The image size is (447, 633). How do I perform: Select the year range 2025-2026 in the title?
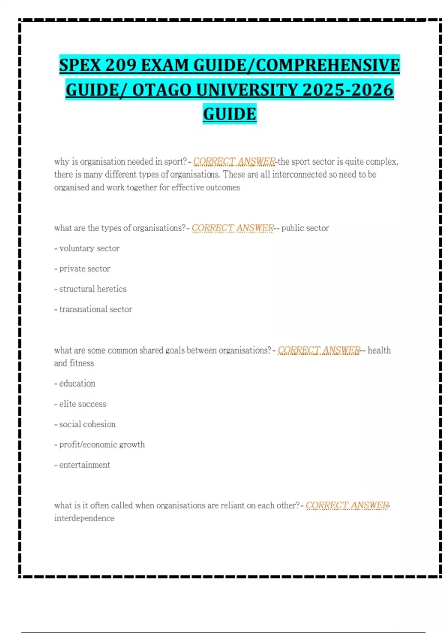[348, 90]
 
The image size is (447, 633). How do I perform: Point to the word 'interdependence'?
[84, 518]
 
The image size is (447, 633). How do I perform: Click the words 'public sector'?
[305, 228]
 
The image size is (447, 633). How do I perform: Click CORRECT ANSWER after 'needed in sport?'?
[234, 162]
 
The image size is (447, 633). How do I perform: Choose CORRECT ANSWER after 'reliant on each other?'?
[347, 506]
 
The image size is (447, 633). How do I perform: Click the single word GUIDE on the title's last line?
[229, 114]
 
